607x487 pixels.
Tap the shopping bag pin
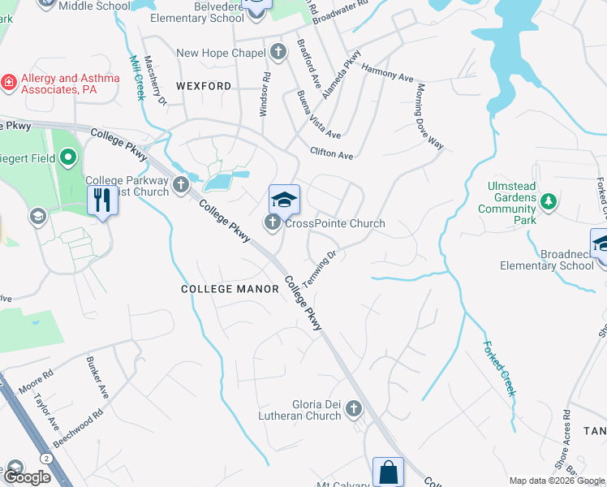coord(388,472)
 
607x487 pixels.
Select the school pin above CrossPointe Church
coord(285,200)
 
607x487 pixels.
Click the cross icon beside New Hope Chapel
coord(278,53)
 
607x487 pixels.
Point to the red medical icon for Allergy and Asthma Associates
coord(9,82)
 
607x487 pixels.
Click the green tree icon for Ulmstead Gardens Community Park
coord(549,200)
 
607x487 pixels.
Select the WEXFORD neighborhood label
coord(204,85)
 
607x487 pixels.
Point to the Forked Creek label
coord(499,367)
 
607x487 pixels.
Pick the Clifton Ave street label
coord(331,153)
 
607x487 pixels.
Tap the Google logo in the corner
coord(26,477)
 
